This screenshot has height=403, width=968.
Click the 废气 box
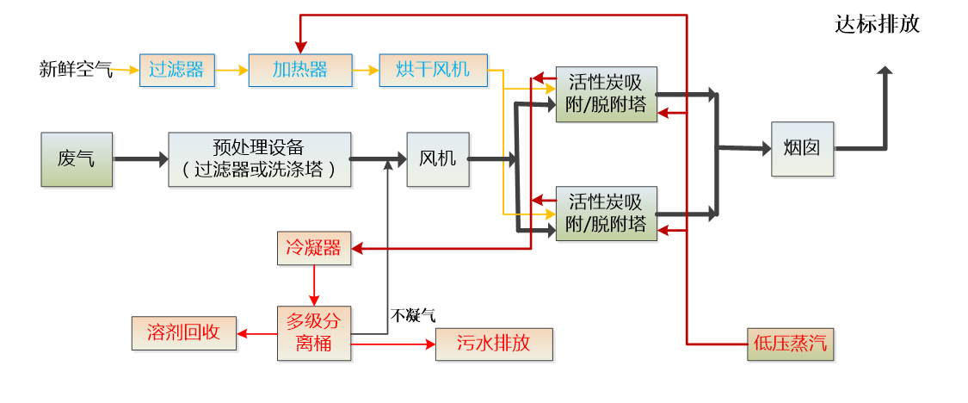77,159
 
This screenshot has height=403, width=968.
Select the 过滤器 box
176,70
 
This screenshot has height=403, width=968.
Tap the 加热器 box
300,70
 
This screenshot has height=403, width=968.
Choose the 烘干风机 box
434,70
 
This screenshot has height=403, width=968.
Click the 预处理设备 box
260,159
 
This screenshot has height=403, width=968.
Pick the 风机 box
438,159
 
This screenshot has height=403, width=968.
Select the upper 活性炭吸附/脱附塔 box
607,95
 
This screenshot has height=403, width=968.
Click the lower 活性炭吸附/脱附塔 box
607,213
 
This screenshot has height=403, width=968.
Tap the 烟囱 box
802,149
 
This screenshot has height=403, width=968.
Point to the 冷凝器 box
314,249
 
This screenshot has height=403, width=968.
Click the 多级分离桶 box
314,334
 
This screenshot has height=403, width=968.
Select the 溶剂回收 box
183,333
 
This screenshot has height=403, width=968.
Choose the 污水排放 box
494,344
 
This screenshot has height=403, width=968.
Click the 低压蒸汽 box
790,344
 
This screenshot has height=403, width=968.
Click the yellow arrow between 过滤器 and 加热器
231,70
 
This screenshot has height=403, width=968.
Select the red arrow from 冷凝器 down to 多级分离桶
314,286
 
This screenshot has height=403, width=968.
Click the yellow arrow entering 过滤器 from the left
125,69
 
